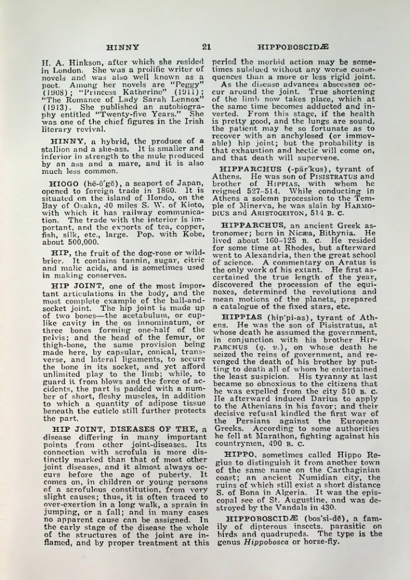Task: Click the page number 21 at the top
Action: [x=206, y=47]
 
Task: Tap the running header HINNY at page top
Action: [x=123, y=47]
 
